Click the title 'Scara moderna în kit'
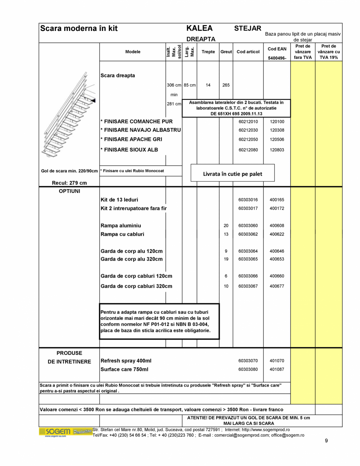click(x=79, y=29)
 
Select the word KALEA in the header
click(x=199, y=29)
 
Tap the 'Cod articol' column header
click(x=248, y=52)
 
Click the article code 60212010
click(x=248, y=121)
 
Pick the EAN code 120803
click(x=277, y=150)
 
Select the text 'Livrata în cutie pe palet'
click(x=232, y=174)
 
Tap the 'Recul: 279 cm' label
click(x=69, y=183)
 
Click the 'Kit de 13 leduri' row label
click(x=119, y=200)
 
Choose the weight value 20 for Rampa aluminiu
click(x=226, y=226)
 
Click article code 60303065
click(x=248, y=259)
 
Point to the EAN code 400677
click(x=277, y=286)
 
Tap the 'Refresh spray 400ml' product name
click(x=126, y=361)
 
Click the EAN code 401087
click(x=277, y=369)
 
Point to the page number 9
click(x=326, y=441)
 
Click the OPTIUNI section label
click(x=69, y=191)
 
